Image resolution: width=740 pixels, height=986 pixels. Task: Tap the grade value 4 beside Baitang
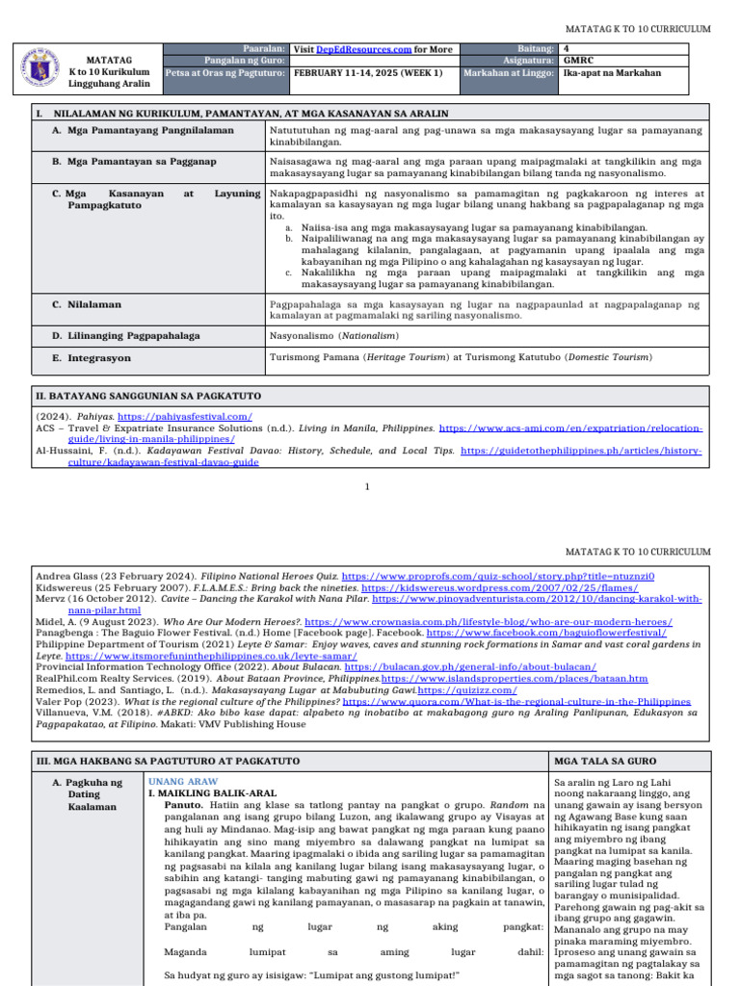567,48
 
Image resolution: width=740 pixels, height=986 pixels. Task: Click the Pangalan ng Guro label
251,60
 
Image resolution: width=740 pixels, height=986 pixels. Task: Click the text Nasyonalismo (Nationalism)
330,336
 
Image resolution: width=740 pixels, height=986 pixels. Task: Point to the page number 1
368,486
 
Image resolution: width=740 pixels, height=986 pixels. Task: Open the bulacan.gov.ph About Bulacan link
470,666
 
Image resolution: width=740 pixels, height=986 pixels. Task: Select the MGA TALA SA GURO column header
602,762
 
